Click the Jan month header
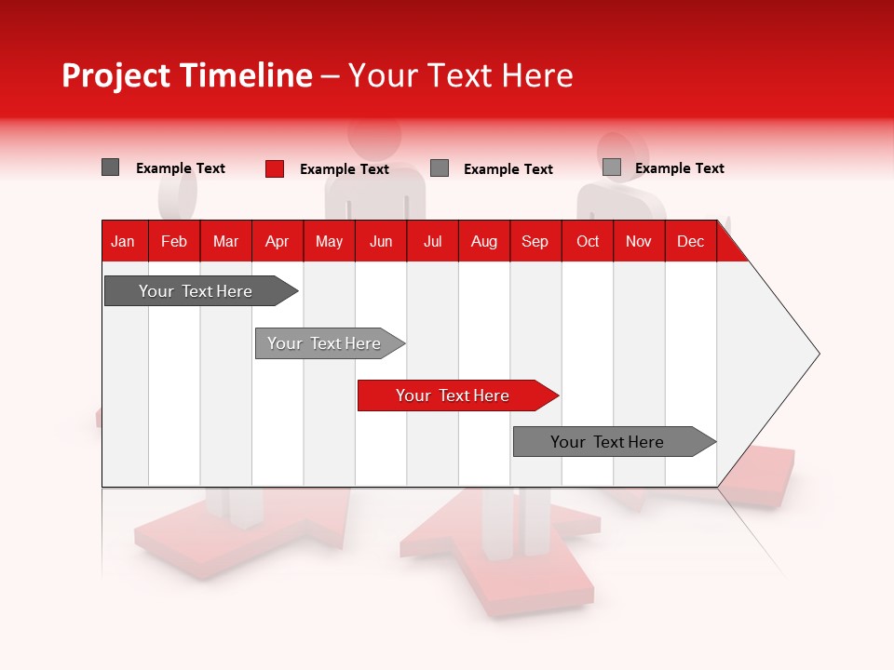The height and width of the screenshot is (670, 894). point(123,241)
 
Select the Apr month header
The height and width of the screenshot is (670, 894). point(278,241)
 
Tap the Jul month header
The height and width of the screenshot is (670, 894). point(433,241)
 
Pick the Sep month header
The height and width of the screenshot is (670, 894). point(535,241)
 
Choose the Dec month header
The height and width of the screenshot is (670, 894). point(690,241)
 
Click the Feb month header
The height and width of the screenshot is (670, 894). point(174,241)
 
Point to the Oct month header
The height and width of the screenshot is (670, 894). point(588,241)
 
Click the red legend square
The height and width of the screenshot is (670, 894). point(274,168)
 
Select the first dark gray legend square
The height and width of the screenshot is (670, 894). point(110,167)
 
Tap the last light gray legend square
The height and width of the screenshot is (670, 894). point(611,167)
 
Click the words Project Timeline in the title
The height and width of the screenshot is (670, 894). point(186,75)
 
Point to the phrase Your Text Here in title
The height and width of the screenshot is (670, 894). point(460,75)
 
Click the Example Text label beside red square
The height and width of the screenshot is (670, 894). point(345,169)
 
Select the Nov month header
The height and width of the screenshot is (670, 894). point(639,241)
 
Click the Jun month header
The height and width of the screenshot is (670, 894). point(381,241)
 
